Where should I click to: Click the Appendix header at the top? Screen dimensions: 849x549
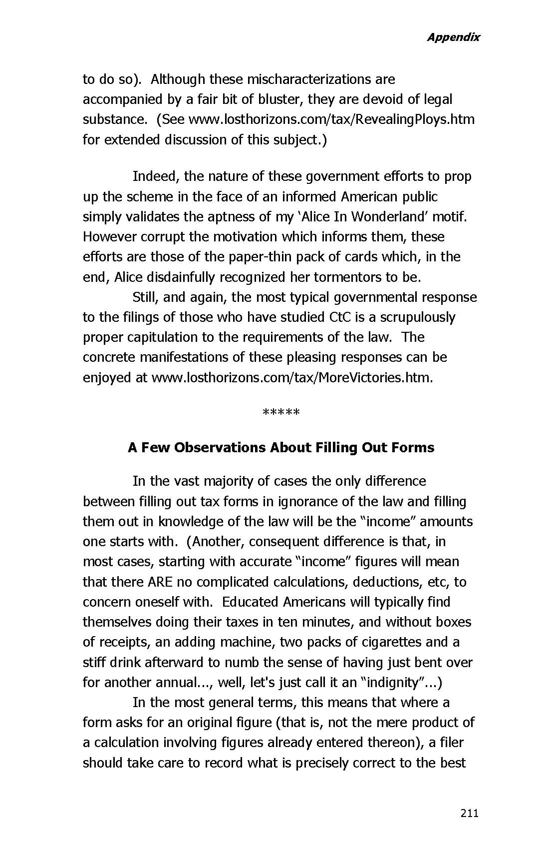(x=453, y=37)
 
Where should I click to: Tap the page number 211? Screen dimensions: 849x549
(x=469, y=813)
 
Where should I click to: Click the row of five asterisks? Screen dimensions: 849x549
(x=280, y=413)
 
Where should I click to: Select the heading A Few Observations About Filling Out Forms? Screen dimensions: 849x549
(x=281, y=447)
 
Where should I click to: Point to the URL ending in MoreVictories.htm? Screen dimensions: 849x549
(x=291, y=377)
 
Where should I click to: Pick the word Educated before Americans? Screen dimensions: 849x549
(x=250, y=602)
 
